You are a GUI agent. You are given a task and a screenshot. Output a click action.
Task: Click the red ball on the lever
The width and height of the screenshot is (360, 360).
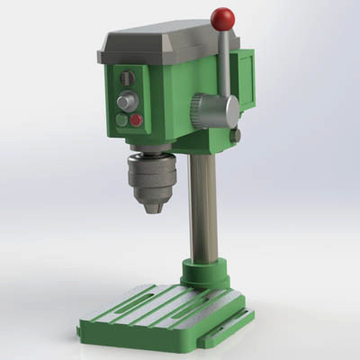click(222, 17)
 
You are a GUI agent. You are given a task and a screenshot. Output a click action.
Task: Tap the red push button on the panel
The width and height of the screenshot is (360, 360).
click(136, 120)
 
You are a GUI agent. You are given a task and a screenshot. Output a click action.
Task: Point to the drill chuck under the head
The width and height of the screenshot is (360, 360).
click(149, 178)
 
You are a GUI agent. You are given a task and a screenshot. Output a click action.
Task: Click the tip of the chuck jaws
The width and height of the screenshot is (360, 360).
click(152, 208)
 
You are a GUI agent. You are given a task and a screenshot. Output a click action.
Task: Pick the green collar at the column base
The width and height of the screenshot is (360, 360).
click(204, 273)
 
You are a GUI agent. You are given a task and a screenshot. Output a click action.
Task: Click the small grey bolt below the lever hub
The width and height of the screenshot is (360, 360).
click(235, 136)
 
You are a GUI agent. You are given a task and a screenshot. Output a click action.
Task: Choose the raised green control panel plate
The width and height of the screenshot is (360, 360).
click(129, 99)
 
